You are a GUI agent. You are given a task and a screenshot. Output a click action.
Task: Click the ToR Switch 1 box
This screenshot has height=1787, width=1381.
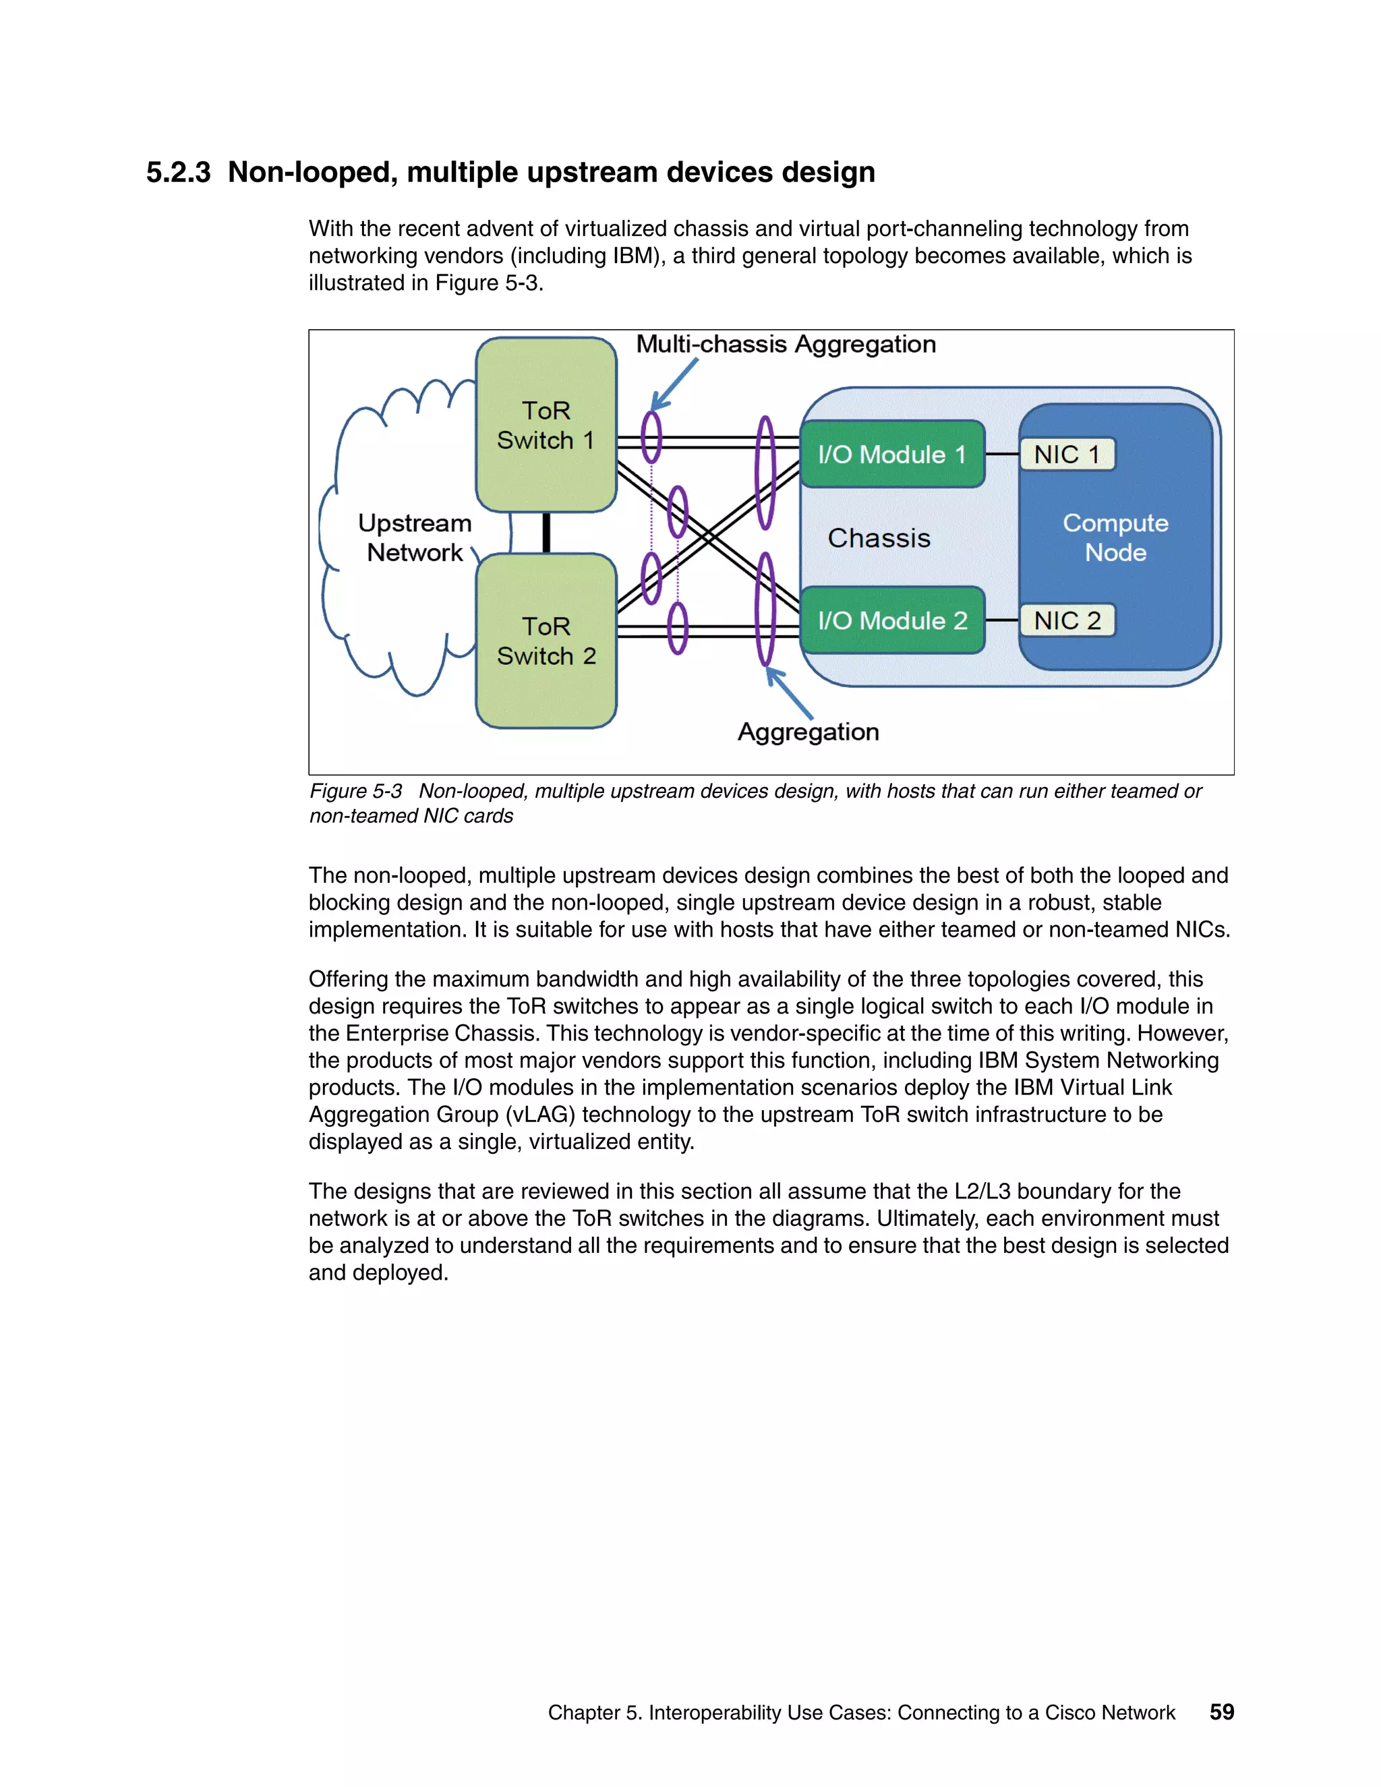(546, 426)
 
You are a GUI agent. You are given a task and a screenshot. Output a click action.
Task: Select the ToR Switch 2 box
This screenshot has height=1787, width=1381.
(546, 641)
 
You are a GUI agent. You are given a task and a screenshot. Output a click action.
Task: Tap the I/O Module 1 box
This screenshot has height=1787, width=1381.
(891, 454)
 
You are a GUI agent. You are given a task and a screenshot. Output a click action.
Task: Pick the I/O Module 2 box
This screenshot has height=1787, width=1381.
(891, 620)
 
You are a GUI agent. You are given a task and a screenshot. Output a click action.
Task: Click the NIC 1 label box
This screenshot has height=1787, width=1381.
(1067, 454)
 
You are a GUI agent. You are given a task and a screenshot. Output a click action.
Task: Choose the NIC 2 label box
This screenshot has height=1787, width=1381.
(1067, 620)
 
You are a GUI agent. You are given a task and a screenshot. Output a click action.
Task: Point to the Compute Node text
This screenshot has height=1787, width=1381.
(1115, 537)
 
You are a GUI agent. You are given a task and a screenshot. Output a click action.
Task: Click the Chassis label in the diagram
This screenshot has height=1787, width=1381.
(879, 537)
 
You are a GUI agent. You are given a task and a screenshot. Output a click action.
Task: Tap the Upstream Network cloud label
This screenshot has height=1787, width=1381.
(415, 537)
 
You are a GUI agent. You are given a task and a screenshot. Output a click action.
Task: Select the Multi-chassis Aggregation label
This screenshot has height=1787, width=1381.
(786, 344)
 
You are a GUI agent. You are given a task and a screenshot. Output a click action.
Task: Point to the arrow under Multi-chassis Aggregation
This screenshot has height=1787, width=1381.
(675, 384)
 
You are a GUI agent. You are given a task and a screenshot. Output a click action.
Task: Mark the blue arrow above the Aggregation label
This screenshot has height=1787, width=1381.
(790, 694)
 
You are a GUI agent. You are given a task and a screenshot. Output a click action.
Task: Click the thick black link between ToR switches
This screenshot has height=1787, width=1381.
(546, 533)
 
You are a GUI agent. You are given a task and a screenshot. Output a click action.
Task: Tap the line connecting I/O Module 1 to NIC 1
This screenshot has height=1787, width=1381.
(1002, 454)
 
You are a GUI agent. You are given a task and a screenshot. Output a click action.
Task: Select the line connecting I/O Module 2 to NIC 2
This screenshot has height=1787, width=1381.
(1002, 620)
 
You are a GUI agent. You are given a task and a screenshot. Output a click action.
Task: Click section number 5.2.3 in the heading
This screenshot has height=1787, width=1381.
(178, 173)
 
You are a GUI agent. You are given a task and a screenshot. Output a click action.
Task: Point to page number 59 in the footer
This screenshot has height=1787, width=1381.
(1221, 1711)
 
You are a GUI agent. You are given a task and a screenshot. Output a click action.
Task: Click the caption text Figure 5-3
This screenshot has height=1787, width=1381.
(356, 791)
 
